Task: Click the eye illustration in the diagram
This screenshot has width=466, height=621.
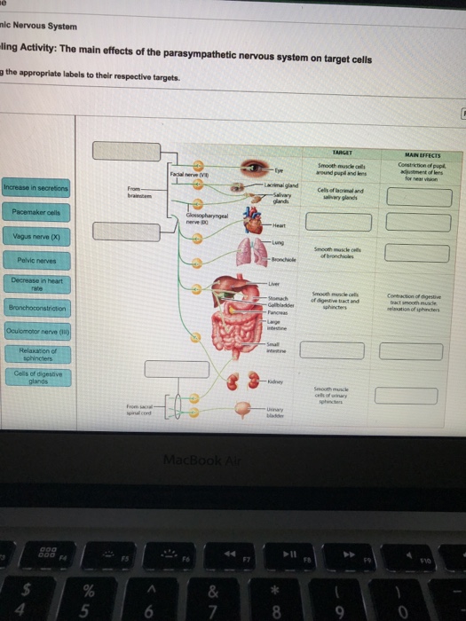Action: click(x=261, y=168)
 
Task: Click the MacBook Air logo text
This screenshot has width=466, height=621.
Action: click(x=232, y=460)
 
